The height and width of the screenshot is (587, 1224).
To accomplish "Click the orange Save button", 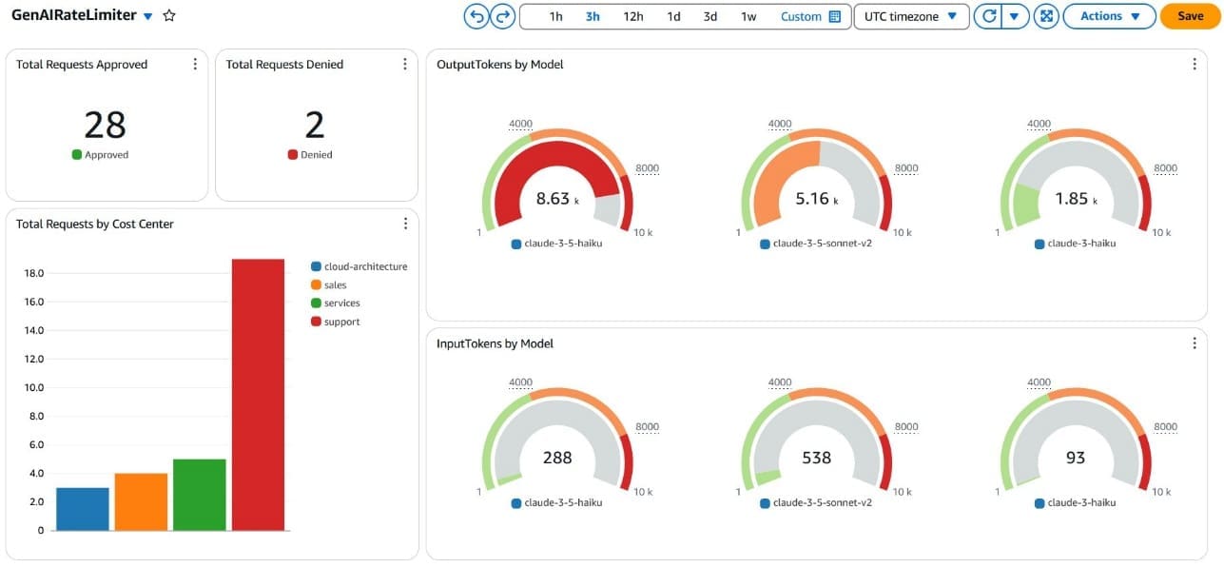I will click(1190, 16).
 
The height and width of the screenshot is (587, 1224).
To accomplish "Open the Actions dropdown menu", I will click(1109, 16).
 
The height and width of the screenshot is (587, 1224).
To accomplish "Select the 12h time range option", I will click(633, 16).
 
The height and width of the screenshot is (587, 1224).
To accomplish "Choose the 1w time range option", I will click(748, 16).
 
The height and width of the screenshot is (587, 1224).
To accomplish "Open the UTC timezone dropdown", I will click(911, 16).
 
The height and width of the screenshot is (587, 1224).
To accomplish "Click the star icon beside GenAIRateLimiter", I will click(169, 16).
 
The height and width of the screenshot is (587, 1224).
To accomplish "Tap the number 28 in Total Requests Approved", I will click(105, 125).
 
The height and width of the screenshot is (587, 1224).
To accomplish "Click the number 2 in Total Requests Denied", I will click(314, 125).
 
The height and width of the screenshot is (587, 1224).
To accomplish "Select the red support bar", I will click(258, 394).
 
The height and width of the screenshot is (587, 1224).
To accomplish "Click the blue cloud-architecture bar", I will click(83, 509).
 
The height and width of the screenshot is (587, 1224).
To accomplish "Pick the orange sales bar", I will click(141, 501).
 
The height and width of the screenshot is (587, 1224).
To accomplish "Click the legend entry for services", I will click(341, 303).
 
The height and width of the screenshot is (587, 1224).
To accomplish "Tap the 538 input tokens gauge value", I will click(816, 458).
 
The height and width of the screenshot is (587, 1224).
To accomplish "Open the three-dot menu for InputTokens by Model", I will click(1195, 343).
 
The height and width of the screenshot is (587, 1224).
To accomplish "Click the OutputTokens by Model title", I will click(499, 65).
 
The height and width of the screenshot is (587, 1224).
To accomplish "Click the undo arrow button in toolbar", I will click(476, 16).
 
